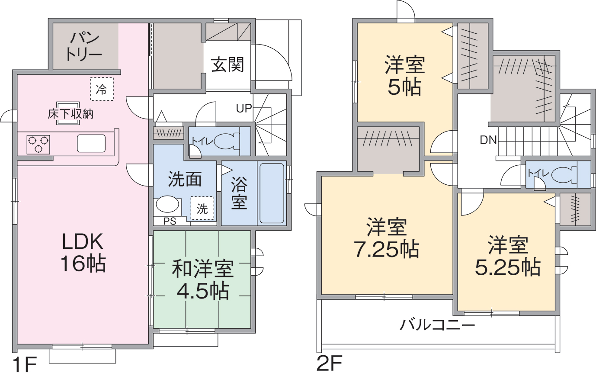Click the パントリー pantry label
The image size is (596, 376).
[84, 46]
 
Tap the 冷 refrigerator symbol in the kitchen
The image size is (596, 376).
[102, 89]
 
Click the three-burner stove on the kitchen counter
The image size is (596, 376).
[38, 145]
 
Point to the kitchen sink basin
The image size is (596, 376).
[91, 144]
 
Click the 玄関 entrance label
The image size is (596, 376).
[228, 65]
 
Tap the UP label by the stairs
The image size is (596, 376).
[244, 109]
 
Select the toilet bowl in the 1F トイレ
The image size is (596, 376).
[227, 141]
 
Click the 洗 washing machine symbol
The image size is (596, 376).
[202, 209]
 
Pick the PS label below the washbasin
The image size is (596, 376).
[170, 222]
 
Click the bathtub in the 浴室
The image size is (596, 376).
[272, 193]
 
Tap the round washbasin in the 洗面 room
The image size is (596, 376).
[167, 205]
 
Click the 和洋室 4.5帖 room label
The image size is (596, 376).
[202, 280]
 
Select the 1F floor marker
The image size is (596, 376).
[24, 365]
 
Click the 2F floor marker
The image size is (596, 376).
[330, 364]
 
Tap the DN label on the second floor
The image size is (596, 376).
[488, 140]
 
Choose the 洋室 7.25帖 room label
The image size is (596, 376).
[386, 238]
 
